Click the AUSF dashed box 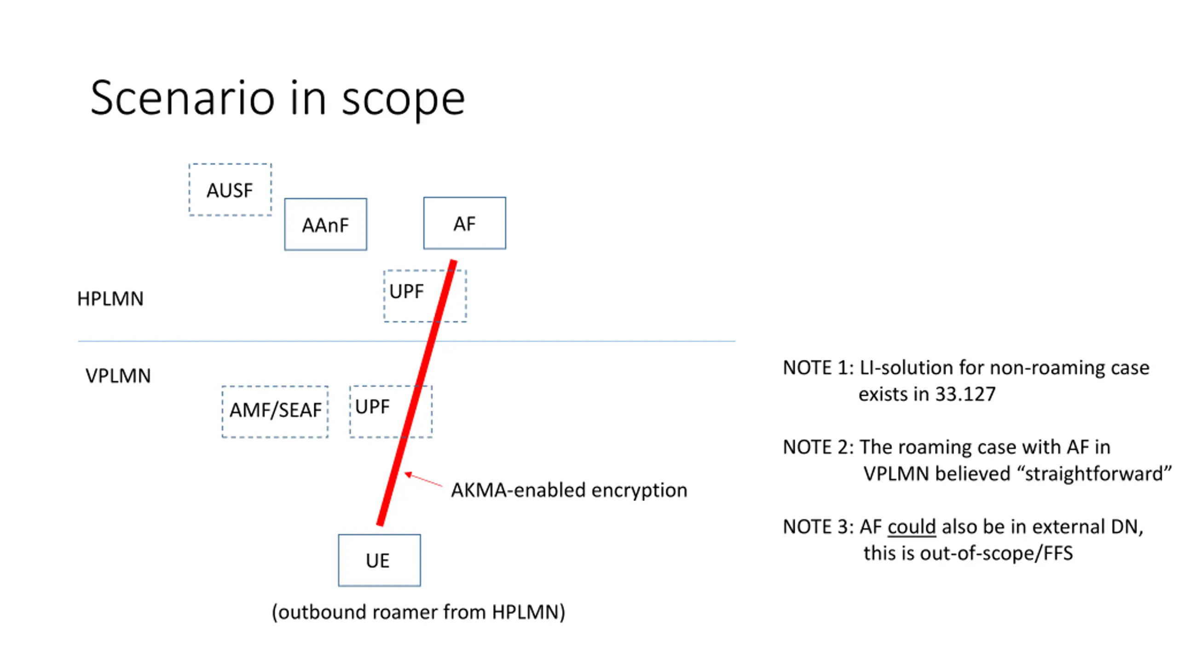pyautogui.click(x=230, y=190)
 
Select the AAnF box pyautogui.click(x=325, y=225)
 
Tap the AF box pyautogui.click(x=464, y=224)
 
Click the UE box pyautogui.click(x=379, y=560)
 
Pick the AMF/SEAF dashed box pyautogui.click(x=275, y=411)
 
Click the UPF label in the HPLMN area pyautogui.click(x=406, y=291)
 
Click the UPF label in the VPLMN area pyautogui.click(x=372, y=407)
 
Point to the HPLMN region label pyautogui.click(x=110, y=299)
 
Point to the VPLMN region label pyautogui.click(x=118, y=376)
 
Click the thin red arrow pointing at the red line pyautogui.click(x=423, y=480)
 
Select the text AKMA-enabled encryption pyautogui.click(x=569, y=490)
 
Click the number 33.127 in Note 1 pyautogui.click(x=965, y=394)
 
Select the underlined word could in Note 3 pyautogui.click(x=912, y=527)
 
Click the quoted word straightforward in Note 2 pyautogui.click(x=1094, y=474)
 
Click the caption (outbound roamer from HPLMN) pyautogui.click(x=418, y=612)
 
